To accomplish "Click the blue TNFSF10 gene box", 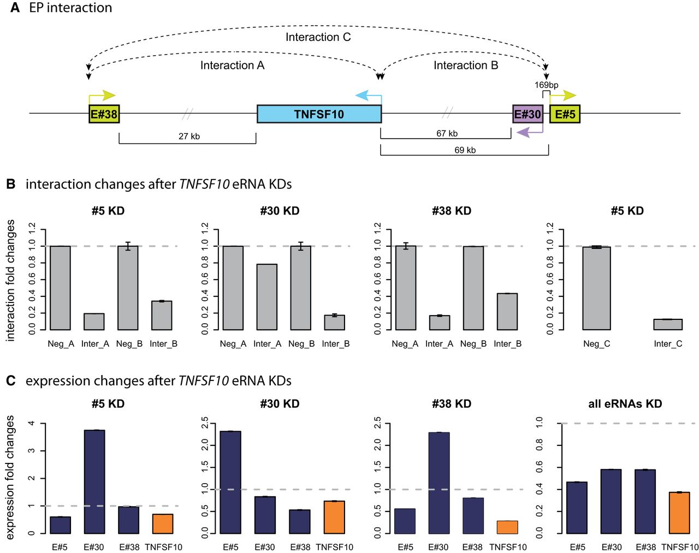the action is pos(319,114).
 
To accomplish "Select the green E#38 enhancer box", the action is pos(104,114).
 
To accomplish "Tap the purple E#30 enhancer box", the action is pos(528,114).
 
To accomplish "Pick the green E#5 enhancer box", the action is pos(565,114).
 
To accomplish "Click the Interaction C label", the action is pos(318,37).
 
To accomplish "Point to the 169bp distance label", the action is pos(546,85).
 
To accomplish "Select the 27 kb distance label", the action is pos(189,136).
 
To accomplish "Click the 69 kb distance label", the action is pos(465,150).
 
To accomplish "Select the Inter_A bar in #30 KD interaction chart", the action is pos(266,297).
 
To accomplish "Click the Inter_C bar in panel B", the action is pos(668,324).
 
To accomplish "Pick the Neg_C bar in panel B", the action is pos(596,288).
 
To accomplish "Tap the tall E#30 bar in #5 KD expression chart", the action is pos(94,481).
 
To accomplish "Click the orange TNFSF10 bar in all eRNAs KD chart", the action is pos(679,513).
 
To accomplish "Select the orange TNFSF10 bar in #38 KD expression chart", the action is pos(507,527).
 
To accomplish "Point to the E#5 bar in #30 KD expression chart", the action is pos(230,482).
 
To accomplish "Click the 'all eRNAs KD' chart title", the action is pos(625,403).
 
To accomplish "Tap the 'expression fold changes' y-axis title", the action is pos(10,477).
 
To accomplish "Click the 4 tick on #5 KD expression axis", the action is pos(32,424).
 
